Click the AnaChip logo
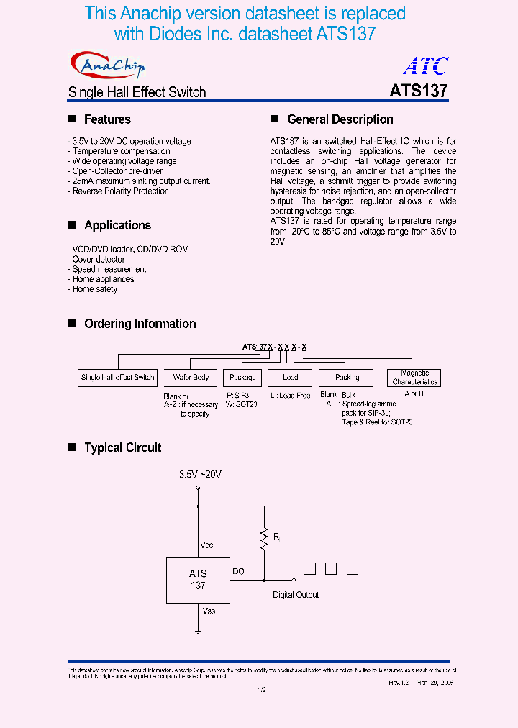click(108, 65)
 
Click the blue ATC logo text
click(426, 66)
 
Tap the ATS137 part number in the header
click(419, 91)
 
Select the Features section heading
click(107, 119)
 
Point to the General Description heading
click(340, 119)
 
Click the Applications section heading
click(117, 225)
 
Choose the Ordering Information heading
click(140, 324)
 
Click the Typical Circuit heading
click(122, 447)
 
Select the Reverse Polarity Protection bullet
click(120, 191)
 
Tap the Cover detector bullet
click(99, 259)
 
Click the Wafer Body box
click(191, 378)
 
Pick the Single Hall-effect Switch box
click(117, 378)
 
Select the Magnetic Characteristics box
click(414, 378)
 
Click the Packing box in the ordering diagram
click(347, 378)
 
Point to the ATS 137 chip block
click(198, 579)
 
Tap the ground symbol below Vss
click(198, 631)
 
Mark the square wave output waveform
click(331, 568)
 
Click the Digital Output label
click(296, 595)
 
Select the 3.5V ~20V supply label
click(200, 475)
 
